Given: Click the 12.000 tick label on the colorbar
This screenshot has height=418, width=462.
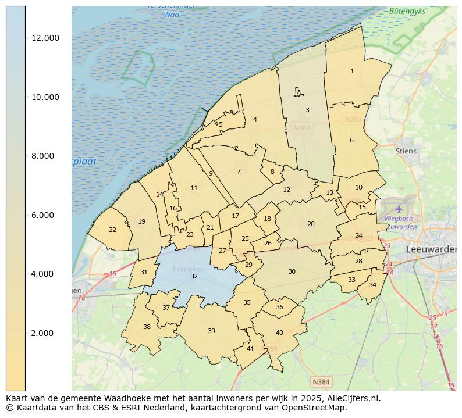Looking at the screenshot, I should tap(45, 38).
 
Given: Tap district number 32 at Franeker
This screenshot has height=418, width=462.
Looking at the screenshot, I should tap(194, 276).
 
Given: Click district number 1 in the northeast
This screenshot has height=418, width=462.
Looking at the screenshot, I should tap(352, 71).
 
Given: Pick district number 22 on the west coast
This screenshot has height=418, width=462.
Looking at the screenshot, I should tap(112, 230).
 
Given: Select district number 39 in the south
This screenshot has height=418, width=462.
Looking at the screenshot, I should tap(211, 331).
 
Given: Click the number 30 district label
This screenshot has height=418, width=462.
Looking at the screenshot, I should tap(292, 271).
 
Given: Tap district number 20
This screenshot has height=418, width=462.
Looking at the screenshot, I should tap(311, 224).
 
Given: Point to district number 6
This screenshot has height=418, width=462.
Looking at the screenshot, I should tap(351, 140).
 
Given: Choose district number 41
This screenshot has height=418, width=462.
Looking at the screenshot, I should tap(250, 349).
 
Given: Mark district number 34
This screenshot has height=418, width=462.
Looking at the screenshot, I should tap(372, 285).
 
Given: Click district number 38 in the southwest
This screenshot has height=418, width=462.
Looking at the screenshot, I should tap(147, 327).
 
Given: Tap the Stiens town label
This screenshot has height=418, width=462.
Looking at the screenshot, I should tap(406, 151).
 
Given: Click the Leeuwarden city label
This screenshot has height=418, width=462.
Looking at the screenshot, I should tap(431, 249).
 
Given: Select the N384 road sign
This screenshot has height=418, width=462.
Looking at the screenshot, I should tap(321, 382).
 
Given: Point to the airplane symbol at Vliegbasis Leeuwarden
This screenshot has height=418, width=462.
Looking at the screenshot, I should tap(399, 208).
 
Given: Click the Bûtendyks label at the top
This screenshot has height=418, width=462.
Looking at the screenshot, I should tap(407, 11).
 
